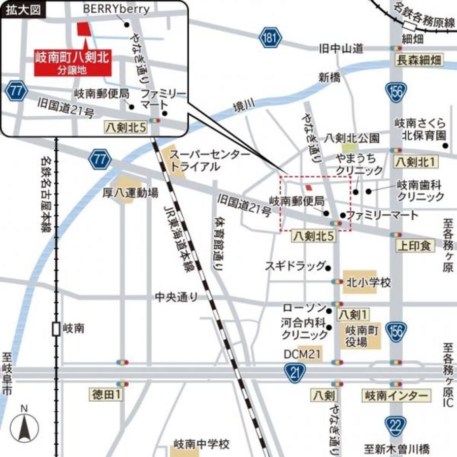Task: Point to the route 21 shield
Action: (x=289, y=374)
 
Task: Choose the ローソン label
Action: (x=303, y=308)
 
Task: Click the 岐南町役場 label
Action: (x=363, y=337)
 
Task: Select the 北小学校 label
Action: (x=368, y=282)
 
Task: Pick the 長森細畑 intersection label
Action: (x=419, y=61)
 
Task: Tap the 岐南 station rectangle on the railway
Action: (x=56, y=329)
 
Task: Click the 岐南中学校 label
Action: (x=202, y=444)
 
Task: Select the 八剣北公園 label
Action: (x=352, y=138)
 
